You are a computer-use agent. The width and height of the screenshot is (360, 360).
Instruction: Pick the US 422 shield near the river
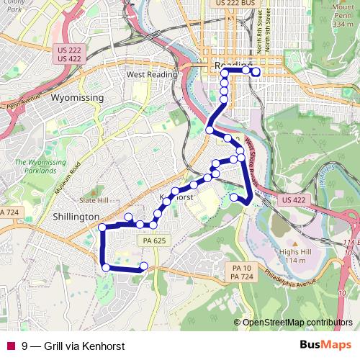(294, 199)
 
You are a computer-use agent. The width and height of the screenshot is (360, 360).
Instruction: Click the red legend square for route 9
(11, 345)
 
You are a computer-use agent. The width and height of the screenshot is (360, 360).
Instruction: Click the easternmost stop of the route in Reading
(256, 71)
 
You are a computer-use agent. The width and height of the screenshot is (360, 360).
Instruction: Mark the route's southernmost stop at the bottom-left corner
(107, 267)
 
